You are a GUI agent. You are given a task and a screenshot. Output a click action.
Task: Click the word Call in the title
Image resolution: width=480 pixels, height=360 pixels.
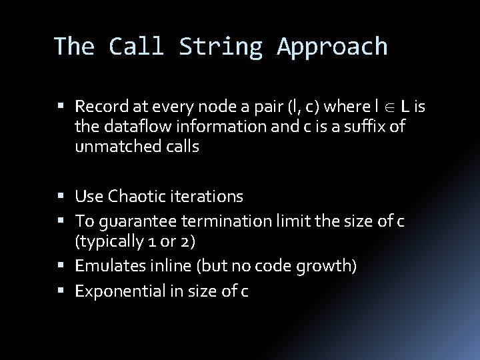click(x=139, y=46)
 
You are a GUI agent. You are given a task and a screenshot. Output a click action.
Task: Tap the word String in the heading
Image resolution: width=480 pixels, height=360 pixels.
click(x=225, y=46)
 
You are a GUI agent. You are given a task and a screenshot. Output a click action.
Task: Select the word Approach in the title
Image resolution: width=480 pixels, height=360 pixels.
click(x=331, y=46)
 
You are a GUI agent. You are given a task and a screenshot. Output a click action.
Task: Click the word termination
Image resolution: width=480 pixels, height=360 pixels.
click(x=218, y=221)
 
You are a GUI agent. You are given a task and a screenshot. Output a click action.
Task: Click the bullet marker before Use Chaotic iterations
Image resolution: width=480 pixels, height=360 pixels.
click(x=67, y=197)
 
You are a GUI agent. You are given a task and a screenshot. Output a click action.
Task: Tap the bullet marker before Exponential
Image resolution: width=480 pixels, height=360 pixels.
click(x=67, y=291)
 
